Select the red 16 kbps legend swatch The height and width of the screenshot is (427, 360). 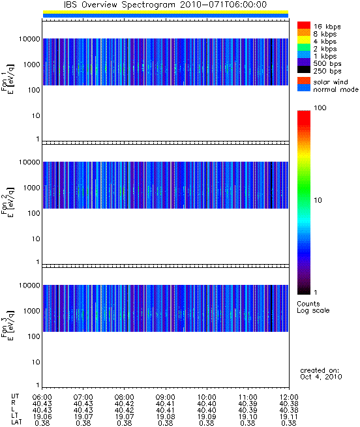[x=304, y=25]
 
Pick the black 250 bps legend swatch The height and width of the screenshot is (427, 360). [x=304, y=70]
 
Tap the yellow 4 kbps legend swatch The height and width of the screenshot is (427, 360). [x=304, y=40]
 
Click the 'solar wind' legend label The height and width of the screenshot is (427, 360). [x=331, y=82]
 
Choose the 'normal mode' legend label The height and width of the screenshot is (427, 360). [x=336, y=89]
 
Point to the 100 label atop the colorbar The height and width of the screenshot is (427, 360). [x=320, y=108]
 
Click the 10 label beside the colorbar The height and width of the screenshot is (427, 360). [x=318, y=200]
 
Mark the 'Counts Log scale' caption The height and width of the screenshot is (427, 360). [x=313, y=307]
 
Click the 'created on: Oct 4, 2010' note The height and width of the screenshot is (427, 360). [x=321, y=374]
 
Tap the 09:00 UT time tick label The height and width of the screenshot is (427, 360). [x=166, y=397]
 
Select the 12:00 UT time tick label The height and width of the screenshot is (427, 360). [x=289, y=397]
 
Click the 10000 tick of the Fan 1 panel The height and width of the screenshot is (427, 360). [x=29, y=39]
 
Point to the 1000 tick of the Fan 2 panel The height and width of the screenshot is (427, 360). [x=31, y=188]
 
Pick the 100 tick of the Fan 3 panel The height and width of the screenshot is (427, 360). [x=34, y=336]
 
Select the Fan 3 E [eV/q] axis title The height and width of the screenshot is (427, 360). [x=8, y=325]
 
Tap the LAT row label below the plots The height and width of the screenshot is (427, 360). [x=16, y=422]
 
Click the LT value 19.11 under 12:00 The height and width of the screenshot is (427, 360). [x=289, y=417]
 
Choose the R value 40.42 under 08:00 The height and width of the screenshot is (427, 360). [x=125, y=404]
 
